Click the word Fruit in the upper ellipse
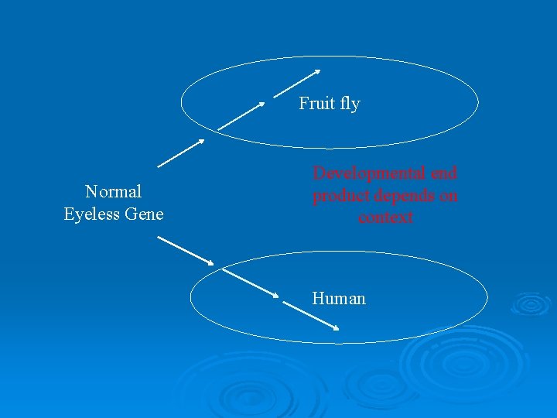(x=315, y=104)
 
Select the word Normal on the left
(x=113, y=191)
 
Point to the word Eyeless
(x=91, y=214)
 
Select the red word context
(x=385, y=218)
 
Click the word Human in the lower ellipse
(x=339, y=299)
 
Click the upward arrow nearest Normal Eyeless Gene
(x=181, y=152)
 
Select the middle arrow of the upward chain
(x=241, y=115)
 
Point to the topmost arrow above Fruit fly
(x=297, y=83)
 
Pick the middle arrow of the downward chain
(x=251, y=283)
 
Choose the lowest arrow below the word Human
(x=311, y=316)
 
